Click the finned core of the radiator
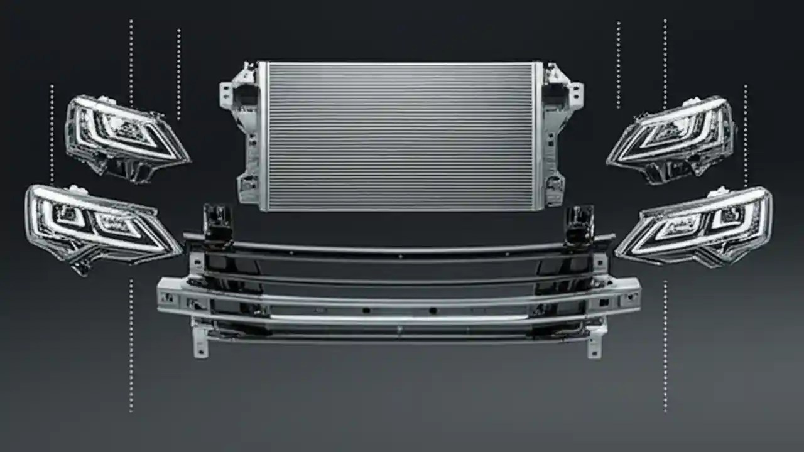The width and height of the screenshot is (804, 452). (x=401, y=136)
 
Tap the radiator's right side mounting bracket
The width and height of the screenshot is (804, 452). (x=558, y=135)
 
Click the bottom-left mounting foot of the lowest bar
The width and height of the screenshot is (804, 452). (x=200, y=345)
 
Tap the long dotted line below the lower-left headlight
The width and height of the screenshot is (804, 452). (x=131, y=345)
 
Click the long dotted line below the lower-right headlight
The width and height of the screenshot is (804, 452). (x=665, y=345)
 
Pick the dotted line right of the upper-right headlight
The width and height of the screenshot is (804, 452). (x=746, y=135)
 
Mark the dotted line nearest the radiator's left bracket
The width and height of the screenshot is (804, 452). (x=178, y=73)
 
